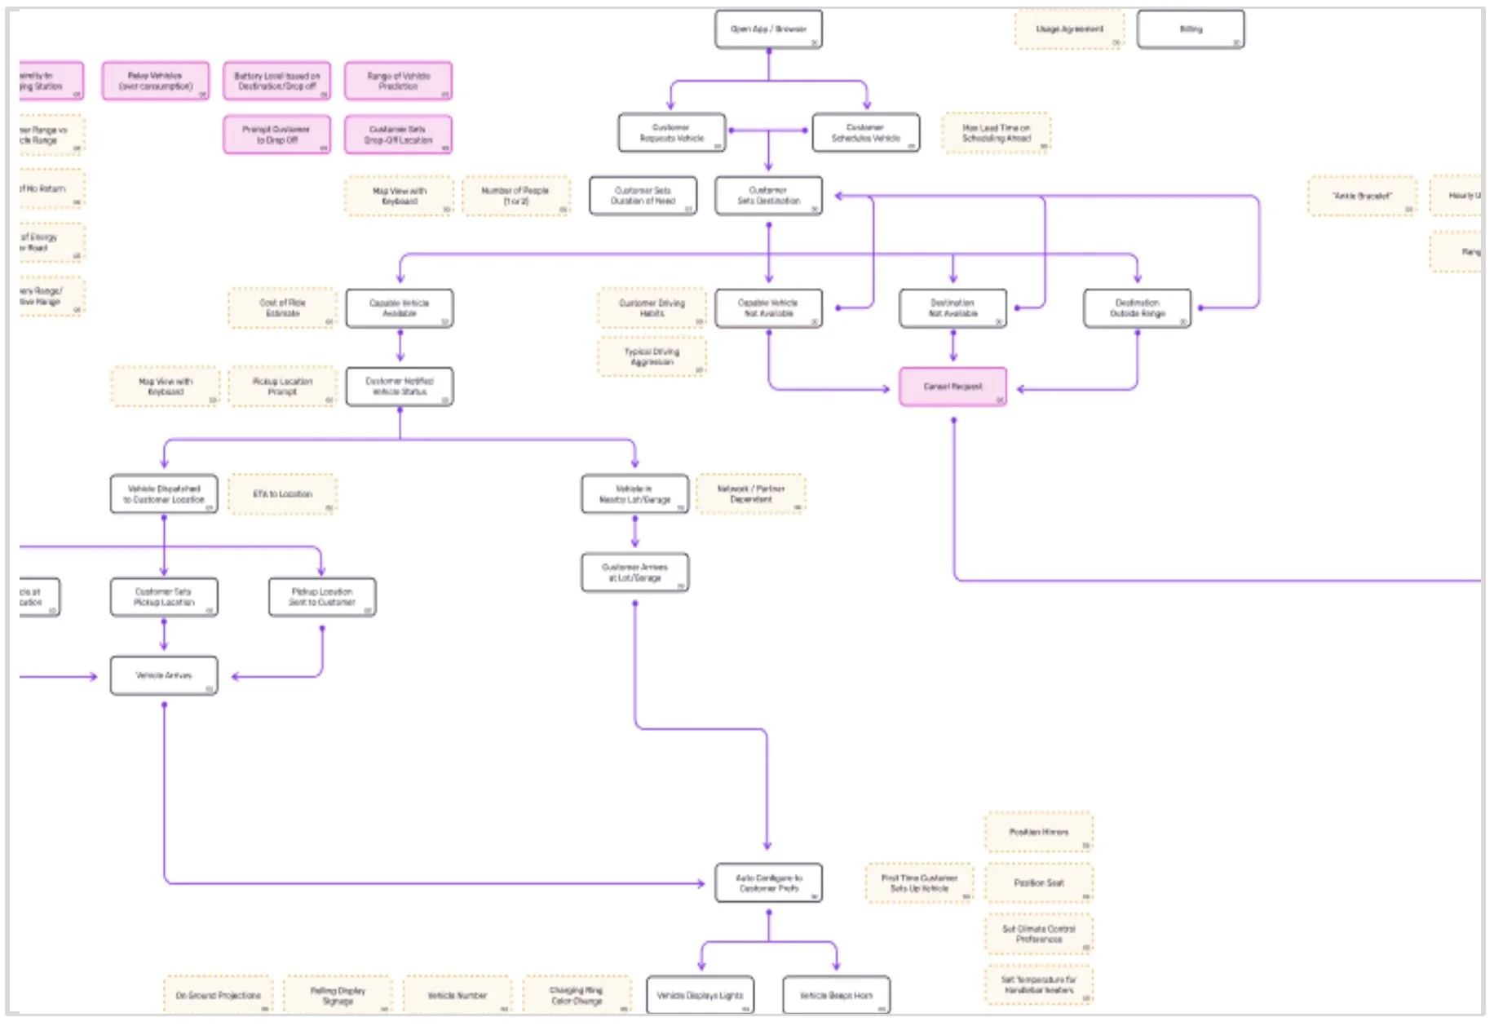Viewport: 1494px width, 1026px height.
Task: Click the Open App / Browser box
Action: pos(768,29)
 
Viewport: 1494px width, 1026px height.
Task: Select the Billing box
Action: pos(1190,29)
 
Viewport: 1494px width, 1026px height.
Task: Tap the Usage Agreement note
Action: pos(1068,29)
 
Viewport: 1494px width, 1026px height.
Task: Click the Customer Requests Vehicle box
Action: pos(671,133)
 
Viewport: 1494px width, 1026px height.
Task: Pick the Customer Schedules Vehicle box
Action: pos(865,133)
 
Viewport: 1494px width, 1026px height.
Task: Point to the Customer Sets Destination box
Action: pos(768,196)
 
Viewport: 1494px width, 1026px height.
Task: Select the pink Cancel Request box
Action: pos(953,387)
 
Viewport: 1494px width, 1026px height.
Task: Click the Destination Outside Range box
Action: pos(1137,308)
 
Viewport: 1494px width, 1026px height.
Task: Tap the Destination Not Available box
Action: pos(953,308)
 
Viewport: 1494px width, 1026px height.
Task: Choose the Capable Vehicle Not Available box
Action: pos(768,308)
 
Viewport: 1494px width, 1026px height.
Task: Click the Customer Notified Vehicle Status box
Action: pos(400,387)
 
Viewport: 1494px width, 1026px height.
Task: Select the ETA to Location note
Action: pos(282,494)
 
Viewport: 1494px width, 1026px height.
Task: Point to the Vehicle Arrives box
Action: pos(164,676)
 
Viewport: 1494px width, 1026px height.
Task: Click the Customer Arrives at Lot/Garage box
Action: pos(634,573)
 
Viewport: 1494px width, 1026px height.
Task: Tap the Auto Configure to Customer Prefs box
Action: pos(768,883)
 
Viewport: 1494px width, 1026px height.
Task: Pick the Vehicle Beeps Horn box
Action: pos(836,996)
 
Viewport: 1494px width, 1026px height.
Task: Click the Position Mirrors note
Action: pos(1038,832)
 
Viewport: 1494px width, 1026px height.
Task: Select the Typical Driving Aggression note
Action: pos(652,357)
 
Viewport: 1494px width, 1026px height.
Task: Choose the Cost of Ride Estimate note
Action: pos(282,308)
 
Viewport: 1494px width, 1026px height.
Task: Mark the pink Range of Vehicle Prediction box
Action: pos(398,81)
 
